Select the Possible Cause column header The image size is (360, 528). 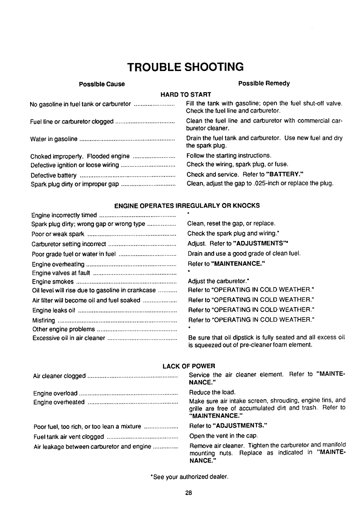(102, 84)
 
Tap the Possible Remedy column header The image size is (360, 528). (264, 83)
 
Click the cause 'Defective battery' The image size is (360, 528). (54, 175)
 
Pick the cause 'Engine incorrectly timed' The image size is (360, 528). (64, 215)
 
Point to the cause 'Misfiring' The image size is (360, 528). (43, 321)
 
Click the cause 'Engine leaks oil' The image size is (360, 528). (53, 311)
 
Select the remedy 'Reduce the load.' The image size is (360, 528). (208, 392)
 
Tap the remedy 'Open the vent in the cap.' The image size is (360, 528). (219, 436)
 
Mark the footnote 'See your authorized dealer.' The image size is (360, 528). (189, 477)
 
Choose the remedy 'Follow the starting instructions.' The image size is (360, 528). (229, 156)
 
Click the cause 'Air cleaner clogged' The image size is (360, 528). (59, 376)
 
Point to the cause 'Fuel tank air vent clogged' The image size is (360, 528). (68, 437)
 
